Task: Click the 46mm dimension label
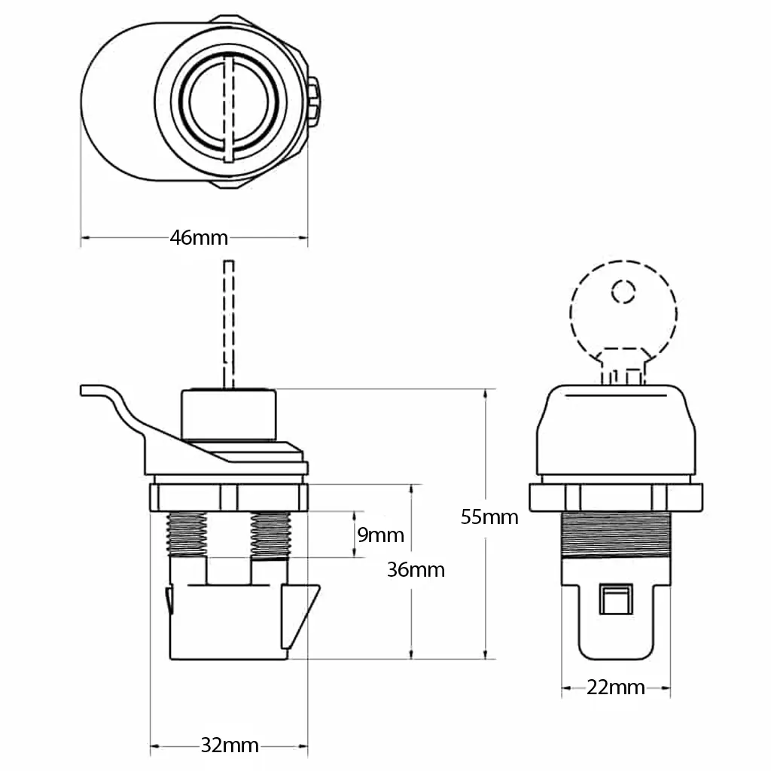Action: (199, 238)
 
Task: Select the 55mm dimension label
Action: (489, 517)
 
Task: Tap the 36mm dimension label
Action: (416, 569)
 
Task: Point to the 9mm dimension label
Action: (380, 535)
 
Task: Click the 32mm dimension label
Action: (230, 745)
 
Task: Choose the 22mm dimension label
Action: (616, 687)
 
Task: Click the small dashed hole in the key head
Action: (622, 291)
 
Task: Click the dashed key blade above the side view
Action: (229, 324)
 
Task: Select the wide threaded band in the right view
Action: (616, 535)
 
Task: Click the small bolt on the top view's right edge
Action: (314, 102)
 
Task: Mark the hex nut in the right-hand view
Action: (616, 498)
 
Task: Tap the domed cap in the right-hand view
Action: (616, 429)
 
